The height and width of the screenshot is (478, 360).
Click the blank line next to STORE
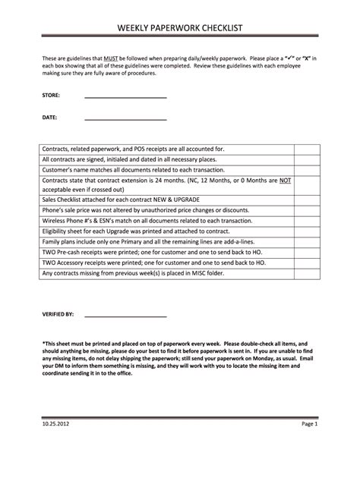pyautogui.click(x=125, y=98)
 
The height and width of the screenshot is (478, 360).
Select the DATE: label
pyautogui.click(x=49, y=118)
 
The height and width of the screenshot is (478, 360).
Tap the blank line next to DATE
pyautogui.click(x=125, y=120)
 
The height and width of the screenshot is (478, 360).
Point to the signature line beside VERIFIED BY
pyautogui.click(x=125, y=315)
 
